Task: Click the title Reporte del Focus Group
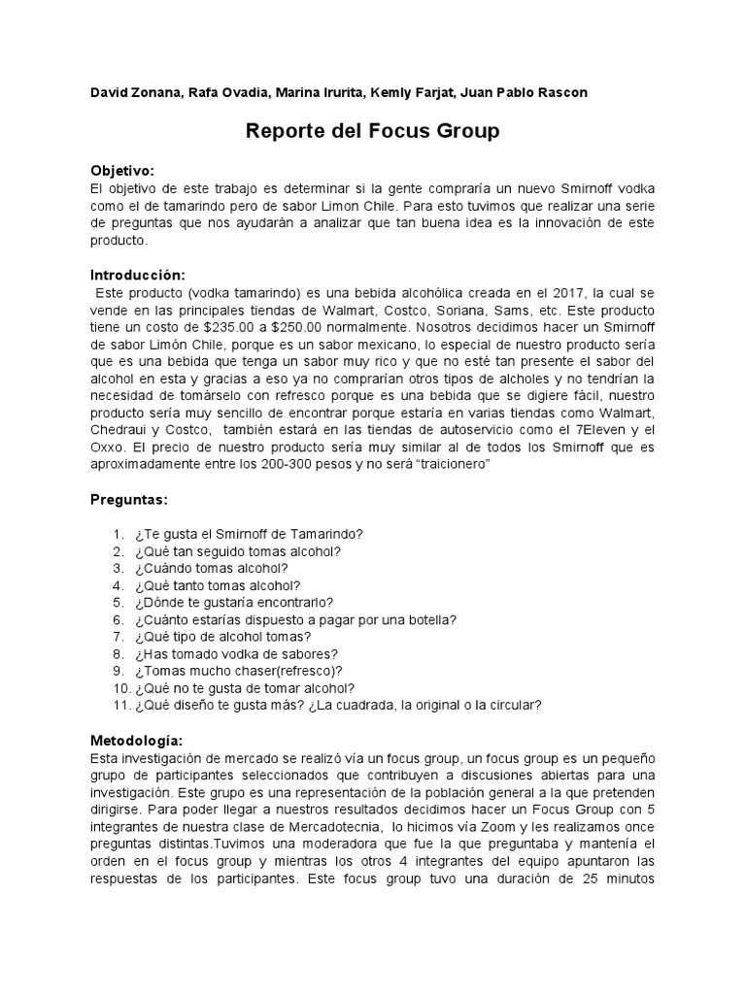coord(373,130)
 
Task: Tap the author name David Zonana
coord(132,92)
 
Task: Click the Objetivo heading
coord(122,169)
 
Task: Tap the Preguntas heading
coord(129,499)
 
